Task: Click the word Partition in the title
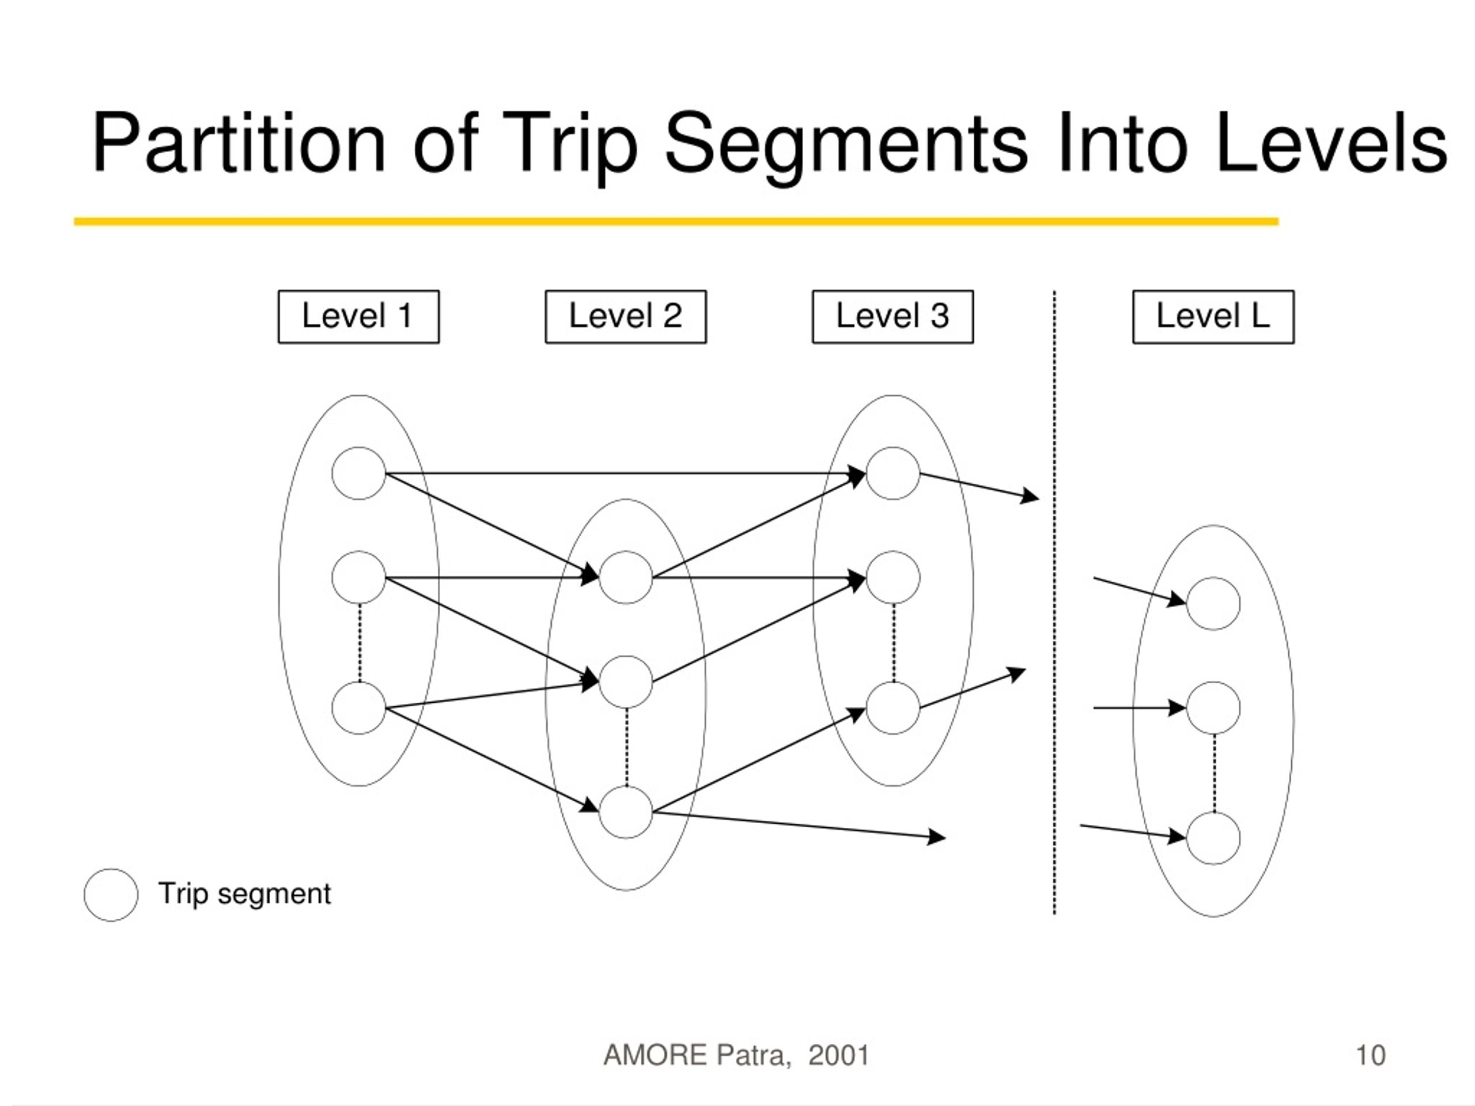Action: [x=239, y=145]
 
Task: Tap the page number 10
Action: [x=1371, y=1055]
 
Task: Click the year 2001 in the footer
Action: [x=839, y=1055]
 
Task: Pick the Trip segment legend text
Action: [x=245, y=894]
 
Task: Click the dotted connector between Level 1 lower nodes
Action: [x=360, y=643]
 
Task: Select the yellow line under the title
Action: [x=676, y=221]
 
